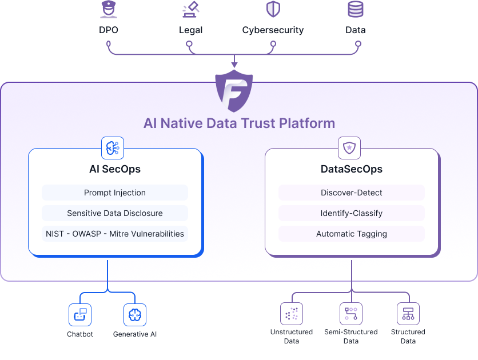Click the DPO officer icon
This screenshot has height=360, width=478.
(109, 10)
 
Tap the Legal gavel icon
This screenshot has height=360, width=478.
(190, 10)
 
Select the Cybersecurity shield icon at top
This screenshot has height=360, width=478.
(273, 9)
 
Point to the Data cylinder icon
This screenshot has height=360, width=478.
(356, 9)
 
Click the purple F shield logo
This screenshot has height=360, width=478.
(234, 91)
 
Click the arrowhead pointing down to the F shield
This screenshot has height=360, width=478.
(234, 65)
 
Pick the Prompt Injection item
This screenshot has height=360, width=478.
(115, 193)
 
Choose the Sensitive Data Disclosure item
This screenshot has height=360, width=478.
(115, 213)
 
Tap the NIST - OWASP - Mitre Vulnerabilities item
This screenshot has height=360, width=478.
(115, 234)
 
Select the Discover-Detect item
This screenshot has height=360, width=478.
(352, 193)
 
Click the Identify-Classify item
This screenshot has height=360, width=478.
(352, 213)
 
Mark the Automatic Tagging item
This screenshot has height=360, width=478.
(352, 234)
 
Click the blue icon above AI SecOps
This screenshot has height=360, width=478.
(112, 147)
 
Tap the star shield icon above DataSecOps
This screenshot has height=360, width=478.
(349, 147)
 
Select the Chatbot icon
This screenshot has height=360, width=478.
(80, 314)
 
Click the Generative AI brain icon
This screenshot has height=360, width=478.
(135, 314)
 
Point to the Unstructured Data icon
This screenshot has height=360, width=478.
(292, 314)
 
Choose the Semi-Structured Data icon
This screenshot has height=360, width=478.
(351, 314)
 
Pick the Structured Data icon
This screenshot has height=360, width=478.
(408, 314)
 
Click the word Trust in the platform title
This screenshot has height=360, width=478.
(260, 123)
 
